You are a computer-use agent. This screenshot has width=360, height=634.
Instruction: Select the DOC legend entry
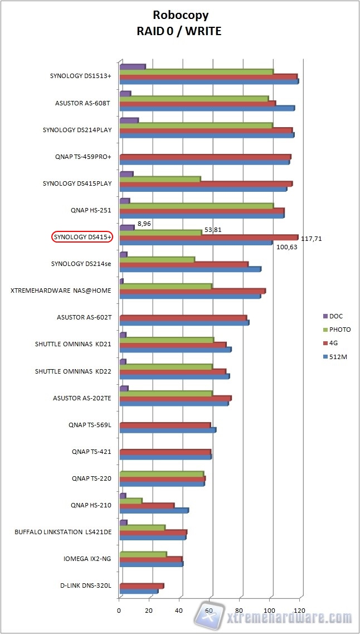(336, 316)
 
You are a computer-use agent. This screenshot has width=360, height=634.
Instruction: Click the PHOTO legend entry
(340, 330)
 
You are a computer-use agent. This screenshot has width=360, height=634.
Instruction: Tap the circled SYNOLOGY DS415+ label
(82, 237)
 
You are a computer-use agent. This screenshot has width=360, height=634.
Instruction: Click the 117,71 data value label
(311, 239)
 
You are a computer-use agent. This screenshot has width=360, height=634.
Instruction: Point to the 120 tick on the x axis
(300, 611)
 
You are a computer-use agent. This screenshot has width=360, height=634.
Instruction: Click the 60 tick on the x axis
(210, 611)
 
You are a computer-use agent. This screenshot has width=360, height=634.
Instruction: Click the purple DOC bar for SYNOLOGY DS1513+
(133, 67)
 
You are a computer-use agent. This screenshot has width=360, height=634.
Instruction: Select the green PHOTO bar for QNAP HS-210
(131, 500)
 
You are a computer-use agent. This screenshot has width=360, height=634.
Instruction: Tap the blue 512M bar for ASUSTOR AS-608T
(207, 108)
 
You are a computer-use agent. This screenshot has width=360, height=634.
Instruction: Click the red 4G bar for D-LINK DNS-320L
(142, 585)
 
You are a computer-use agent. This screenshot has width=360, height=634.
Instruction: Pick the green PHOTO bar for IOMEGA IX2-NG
(143, 554)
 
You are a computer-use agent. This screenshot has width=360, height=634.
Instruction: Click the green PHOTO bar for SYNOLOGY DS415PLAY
(160, 179)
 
